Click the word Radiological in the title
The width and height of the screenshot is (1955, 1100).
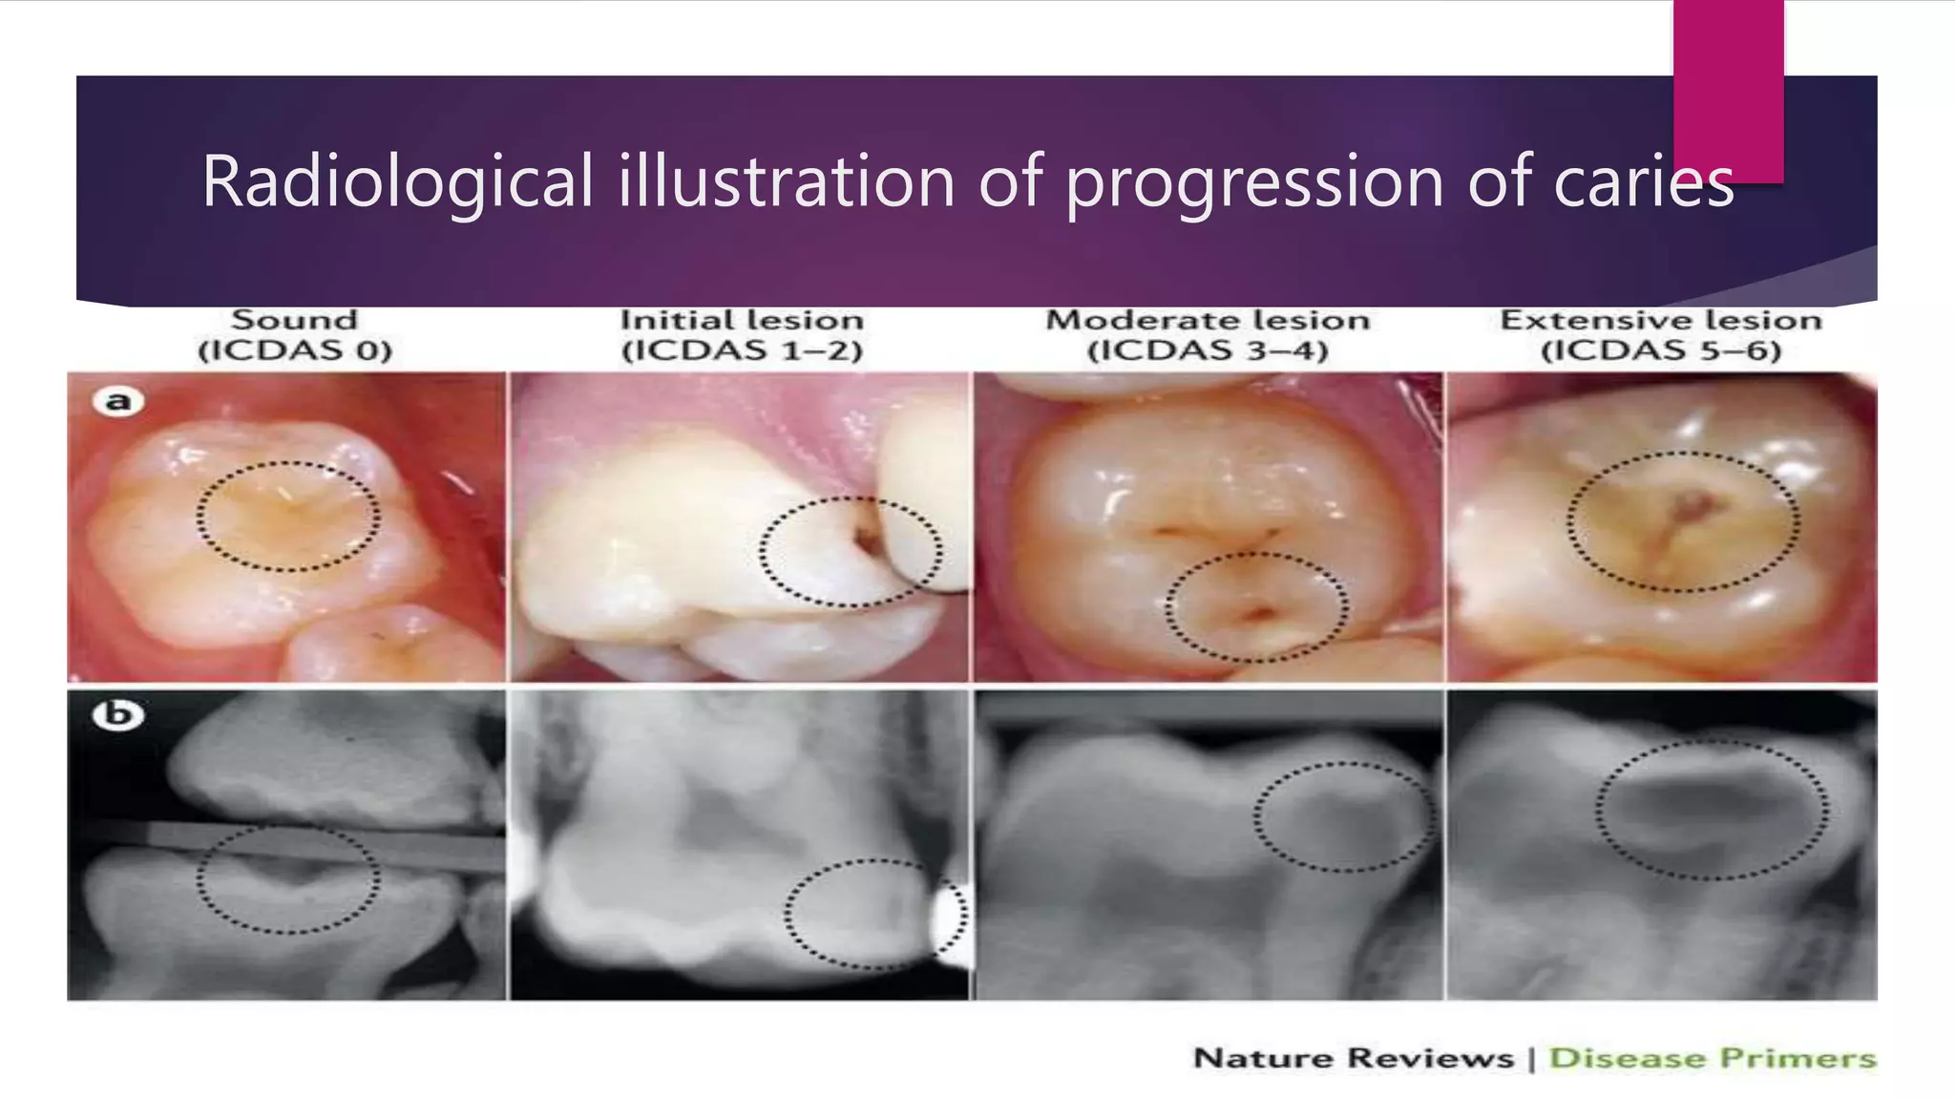pos(397,181)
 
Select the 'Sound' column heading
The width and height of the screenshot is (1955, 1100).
pos(295,320)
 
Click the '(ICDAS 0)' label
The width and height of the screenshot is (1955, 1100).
pos(295,351)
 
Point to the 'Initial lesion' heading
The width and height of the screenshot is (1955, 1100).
pos(742,320)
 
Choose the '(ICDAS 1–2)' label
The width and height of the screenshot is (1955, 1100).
pos(742,351)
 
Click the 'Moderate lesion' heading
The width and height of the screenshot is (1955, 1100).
pos(1208,320)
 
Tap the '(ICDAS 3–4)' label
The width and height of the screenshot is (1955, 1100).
pos(1208,351)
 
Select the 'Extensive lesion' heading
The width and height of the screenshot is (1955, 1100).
pos(1661,320)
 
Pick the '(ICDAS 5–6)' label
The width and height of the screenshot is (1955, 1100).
pos(1661,351)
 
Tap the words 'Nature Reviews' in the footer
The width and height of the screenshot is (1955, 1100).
pos(1353,1058)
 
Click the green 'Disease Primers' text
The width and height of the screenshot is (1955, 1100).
pos(1712,1058)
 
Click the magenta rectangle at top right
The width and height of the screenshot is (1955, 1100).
pos(1728,91)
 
